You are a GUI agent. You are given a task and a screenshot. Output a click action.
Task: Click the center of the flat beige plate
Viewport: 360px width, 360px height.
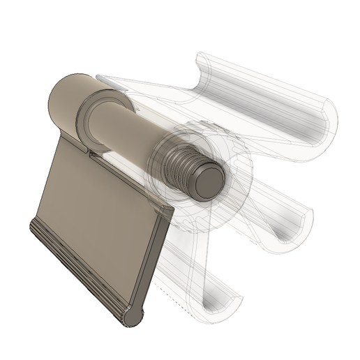[98, 209]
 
